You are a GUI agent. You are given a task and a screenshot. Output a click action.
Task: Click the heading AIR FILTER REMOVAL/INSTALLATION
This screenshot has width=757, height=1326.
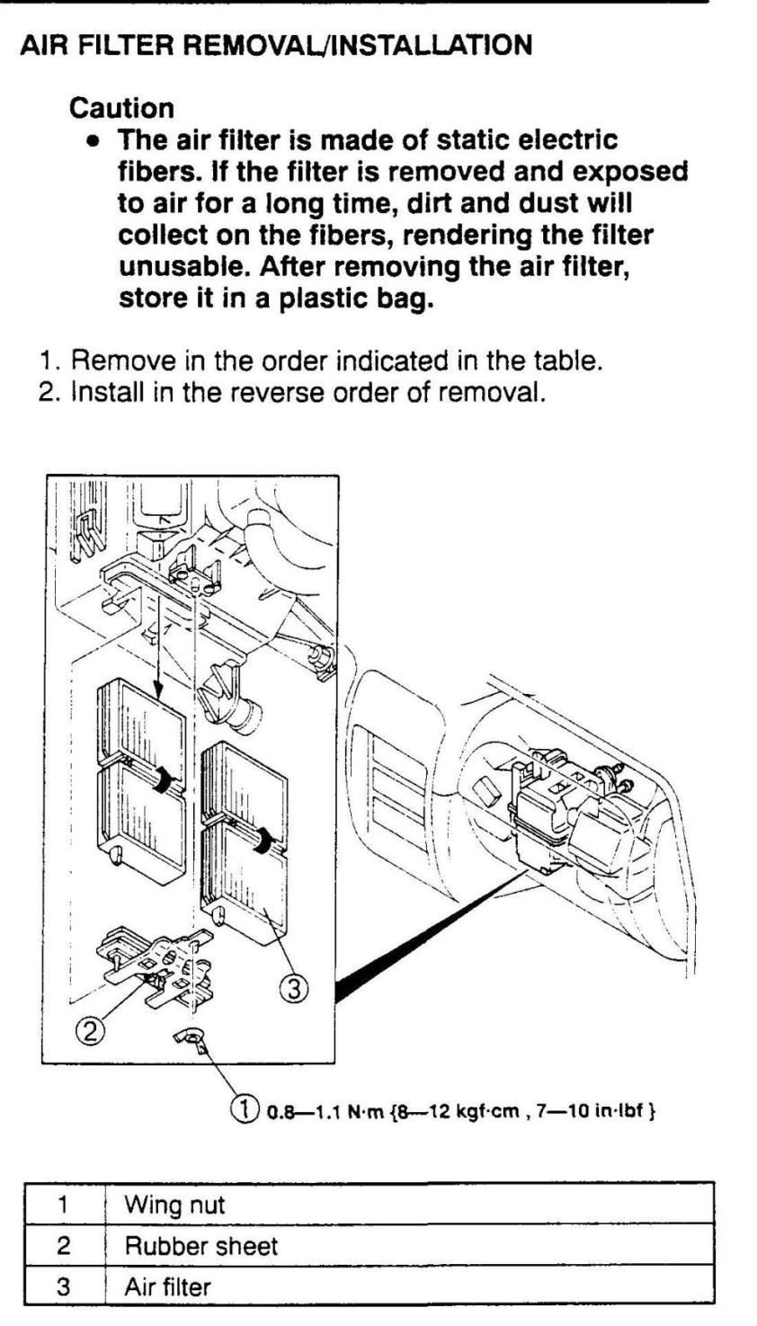276,44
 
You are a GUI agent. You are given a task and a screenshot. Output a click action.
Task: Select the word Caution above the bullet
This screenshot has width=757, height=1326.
122,109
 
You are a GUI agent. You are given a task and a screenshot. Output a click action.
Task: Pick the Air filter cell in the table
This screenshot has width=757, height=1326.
168,1286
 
